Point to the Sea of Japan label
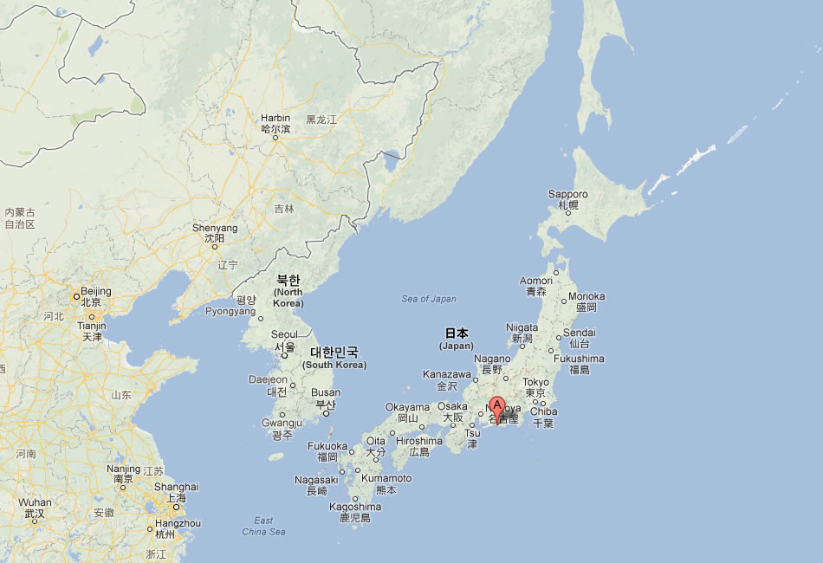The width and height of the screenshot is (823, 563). (428, 299)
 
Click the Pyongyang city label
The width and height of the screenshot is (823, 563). (230, 311)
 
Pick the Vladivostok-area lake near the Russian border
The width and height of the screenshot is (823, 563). (392, 160)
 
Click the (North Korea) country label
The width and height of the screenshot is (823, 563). (288, 292)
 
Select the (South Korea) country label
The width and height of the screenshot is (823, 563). (334, 365)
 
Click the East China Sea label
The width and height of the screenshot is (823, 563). (264, 526)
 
